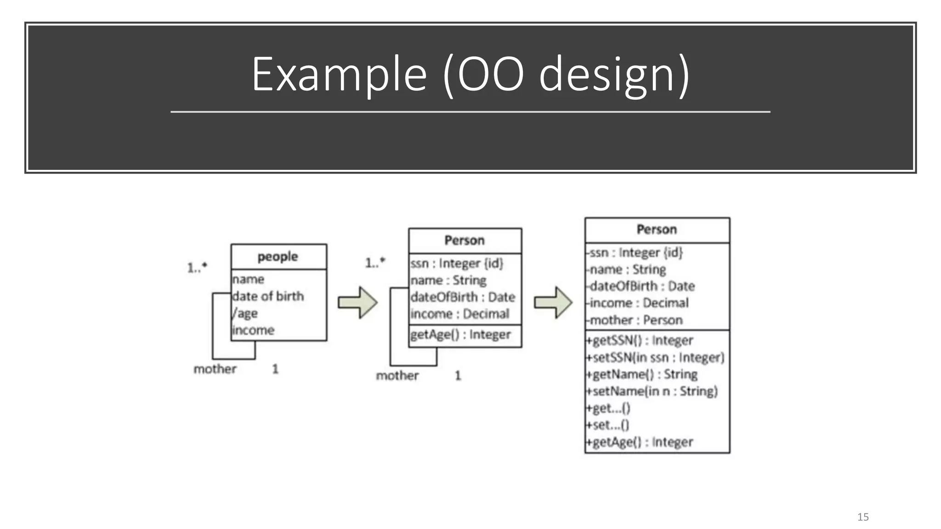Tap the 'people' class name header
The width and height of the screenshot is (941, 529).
278,256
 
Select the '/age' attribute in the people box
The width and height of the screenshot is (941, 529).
245,313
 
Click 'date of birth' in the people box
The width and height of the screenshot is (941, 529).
268,296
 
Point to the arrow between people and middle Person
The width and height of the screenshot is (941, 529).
358,302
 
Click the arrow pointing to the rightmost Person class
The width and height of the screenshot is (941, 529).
553,302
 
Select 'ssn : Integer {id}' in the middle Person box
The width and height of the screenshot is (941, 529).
457,263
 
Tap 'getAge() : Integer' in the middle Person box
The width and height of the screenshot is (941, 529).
460,334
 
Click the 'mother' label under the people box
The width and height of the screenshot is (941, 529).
215,369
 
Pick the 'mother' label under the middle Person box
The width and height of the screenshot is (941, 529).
397,376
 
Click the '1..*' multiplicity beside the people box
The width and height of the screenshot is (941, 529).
197,267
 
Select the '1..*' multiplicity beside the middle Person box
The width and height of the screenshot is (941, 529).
375,263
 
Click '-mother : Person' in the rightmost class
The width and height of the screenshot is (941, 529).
634,320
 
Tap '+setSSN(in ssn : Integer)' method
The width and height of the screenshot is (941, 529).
655,357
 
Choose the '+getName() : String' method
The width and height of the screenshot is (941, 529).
642,374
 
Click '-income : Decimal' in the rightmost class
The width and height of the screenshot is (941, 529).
637,303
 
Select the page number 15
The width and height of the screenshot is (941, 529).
863,517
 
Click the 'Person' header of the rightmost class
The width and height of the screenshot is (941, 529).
657,230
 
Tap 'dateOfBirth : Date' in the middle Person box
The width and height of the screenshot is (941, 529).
463,297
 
